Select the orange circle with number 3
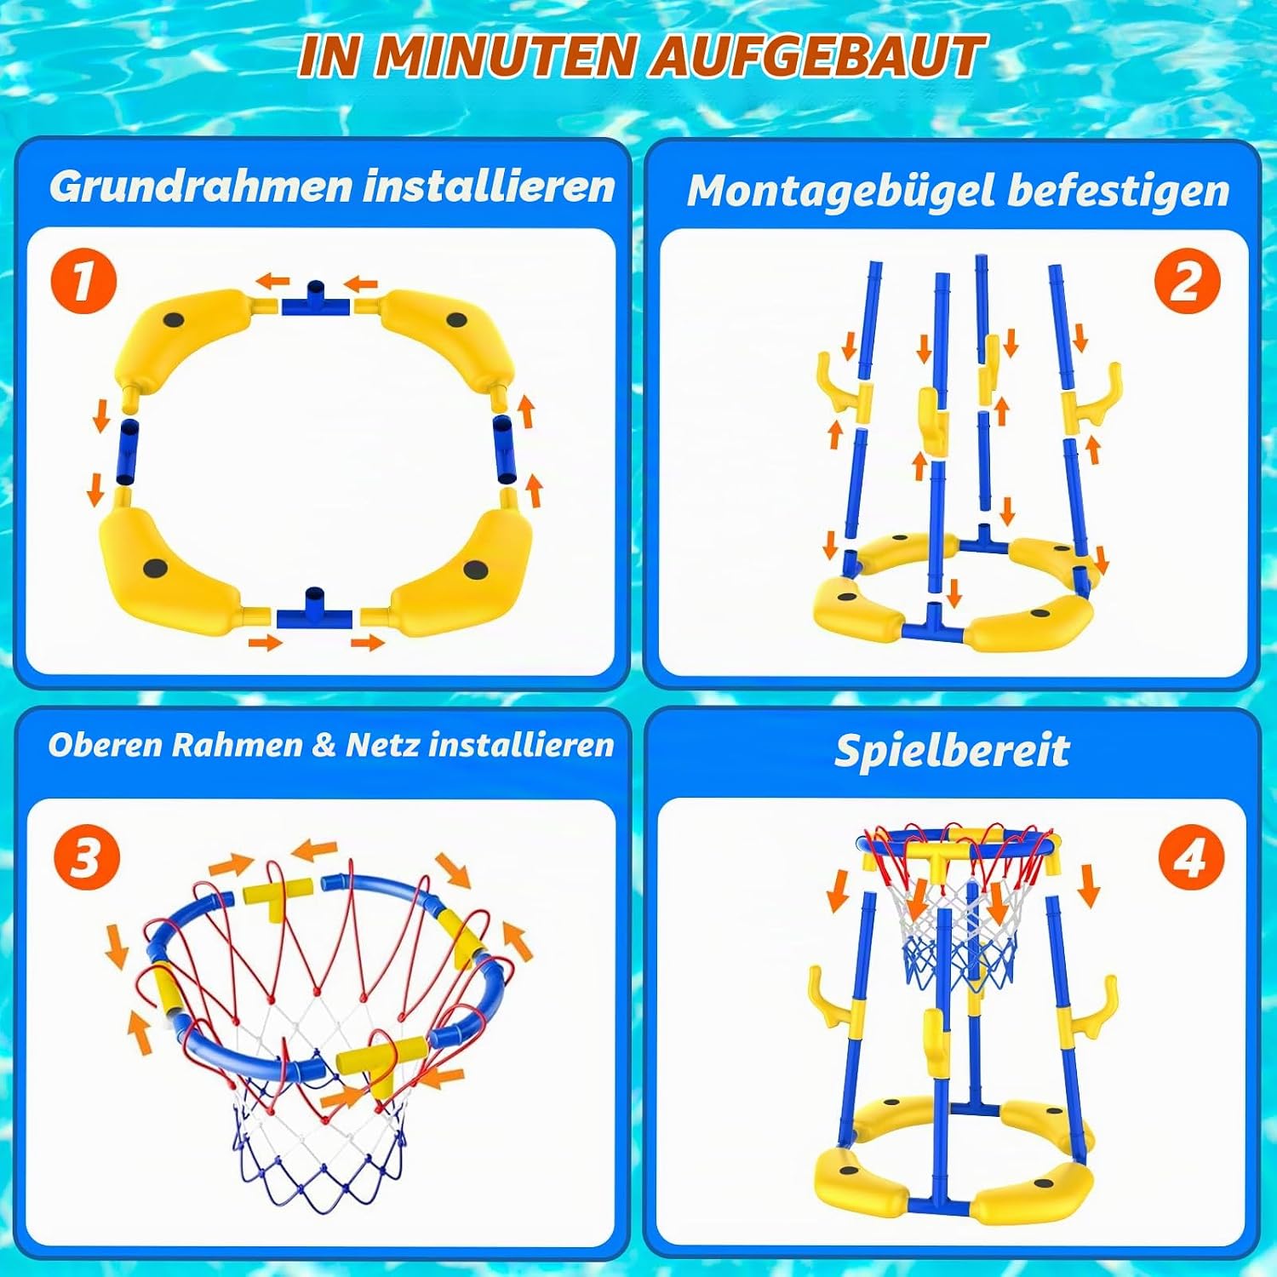tap(87, 856)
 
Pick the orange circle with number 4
tap(1191, 858)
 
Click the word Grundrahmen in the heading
tap(200, 186)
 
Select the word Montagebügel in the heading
tap(841, 191)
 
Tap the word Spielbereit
tap(952, 751)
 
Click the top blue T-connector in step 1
tap(316, 299)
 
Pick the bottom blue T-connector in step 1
tap(314, 608)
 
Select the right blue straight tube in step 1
tap(503, 450)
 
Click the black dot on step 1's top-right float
tap(457, 321)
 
